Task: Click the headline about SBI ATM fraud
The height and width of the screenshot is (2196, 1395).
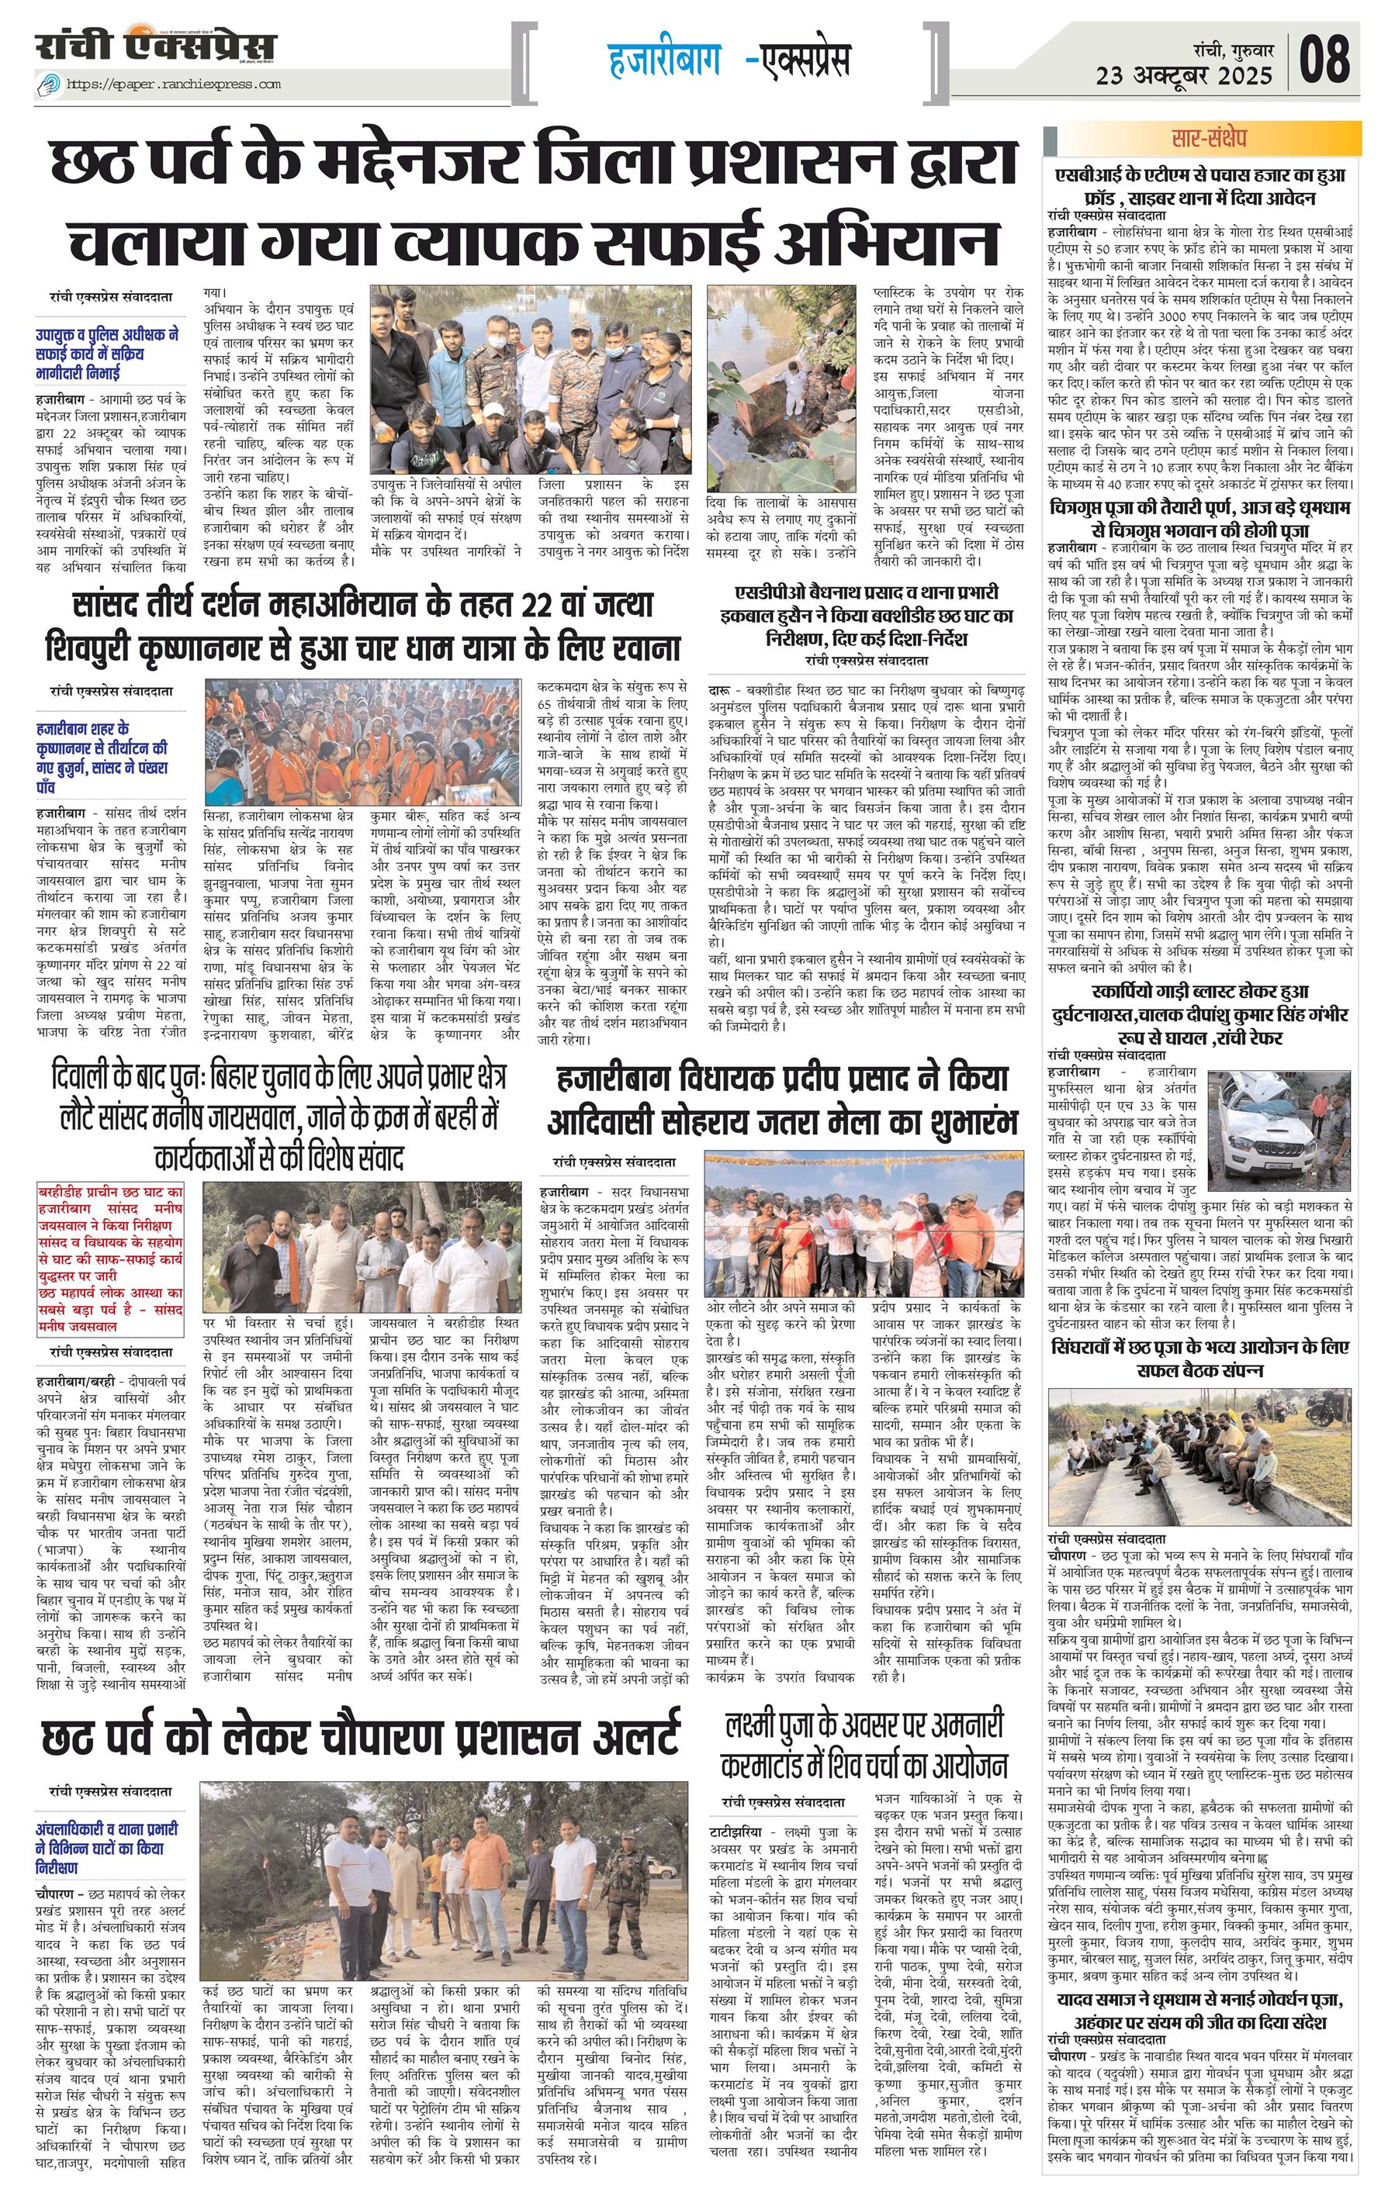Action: (x=1199, y=186)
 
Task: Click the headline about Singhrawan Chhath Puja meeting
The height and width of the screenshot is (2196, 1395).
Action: (x=1199, y=1359)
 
